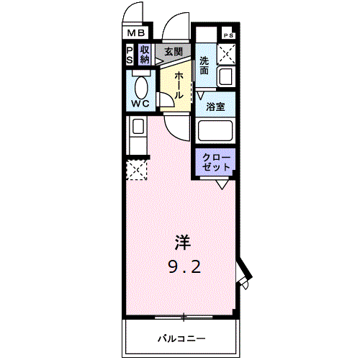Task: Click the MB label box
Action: click(136, 33)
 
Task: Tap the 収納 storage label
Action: click(145, 55)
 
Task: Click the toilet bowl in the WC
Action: click(140, 87)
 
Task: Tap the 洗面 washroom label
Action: click(205, 66)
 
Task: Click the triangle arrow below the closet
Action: click(223, 184)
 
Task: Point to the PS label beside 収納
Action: click(130, 55)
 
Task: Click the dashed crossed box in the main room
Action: click(135, 170)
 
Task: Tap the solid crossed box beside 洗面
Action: click(227, 53)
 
